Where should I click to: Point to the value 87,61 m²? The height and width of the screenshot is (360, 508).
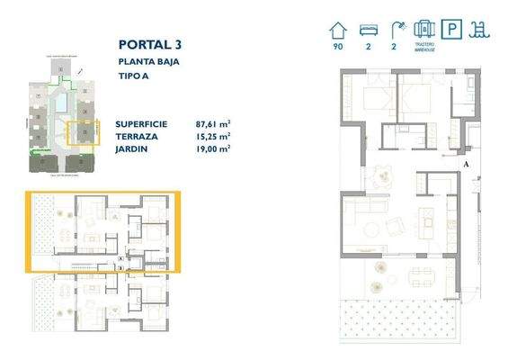(213, 124)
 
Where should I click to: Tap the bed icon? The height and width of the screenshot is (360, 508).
(368, 30)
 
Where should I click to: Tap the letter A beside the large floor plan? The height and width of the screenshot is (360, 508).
(466, 164)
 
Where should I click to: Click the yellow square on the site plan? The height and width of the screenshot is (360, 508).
(84, 134)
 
